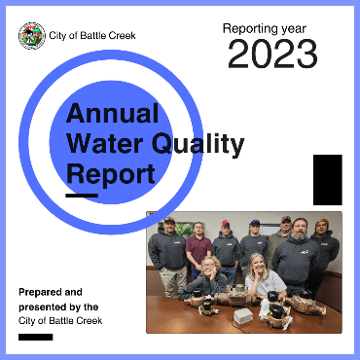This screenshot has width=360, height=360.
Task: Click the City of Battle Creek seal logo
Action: pos(31,36)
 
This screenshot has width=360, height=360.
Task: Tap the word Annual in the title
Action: pos(112,114)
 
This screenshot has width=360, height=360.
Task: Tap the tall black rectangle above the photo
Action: pos(327,179)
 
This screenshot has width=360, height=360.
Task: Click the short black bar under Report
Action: pos(82,197)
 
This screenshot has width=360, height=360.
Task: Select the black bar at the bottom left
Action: pos(35,337)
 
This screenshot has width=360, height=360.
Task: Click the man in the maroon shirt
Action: pos(198,248)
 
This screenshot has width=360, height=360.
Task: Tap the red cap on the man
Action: pos(226,224)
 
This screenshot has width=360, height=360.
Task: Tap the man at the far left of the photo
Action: pos(166,248)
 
